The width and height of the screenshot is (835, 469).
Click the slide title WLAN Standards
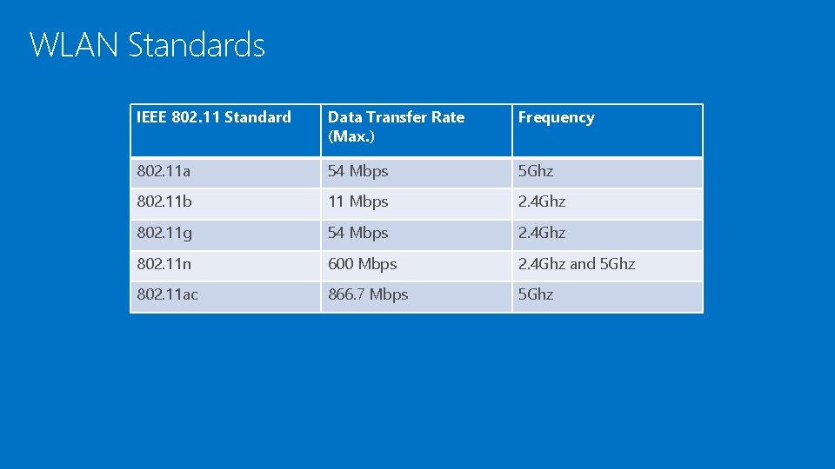pos(147,44)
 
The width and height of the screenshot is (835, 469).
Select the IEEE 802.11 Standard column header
pos(214,117)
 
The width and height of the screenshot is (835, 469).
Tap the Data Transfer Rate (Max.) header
pos(396,126)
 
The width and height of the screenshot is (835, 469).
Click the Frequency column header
pos(557,117)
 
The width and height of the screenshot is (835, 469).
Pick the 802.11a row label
pos(164,171)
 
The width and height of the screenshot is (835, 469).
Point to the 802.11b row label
pos(165,201)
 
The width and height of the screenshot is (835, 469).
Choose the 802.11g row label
pos(165,233)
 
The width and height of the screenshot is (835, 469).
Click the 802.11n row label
pos(165,264)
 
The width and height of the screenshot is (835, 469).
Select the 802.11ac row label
pos(168,294)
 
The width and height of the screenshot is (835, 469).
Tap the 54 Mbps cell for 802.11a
pos(358,171)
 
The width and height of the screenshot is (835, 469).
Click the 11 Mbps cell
pos(358,201)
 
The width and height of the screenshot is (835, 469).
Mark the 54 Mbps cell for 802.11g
pos(358,233)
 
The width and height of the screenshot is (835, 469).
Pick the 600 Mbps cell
pos(363,264)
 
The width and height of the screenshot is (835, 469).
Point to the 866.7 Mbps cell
pos(368,294)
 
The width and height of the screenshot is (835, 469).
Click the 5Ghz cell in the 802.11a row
pos(536,171)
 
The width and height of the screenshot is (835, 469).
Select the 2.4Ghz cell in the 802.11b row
pos(542,201)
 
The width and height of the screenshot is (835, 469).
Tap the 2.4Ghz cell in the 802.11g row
pos(542,233)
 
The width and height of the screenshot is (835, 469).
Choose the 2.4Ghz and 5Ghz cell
pos(577,264)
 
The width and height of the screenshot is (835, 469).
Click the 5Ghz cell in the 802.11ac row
pos(536,294)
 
